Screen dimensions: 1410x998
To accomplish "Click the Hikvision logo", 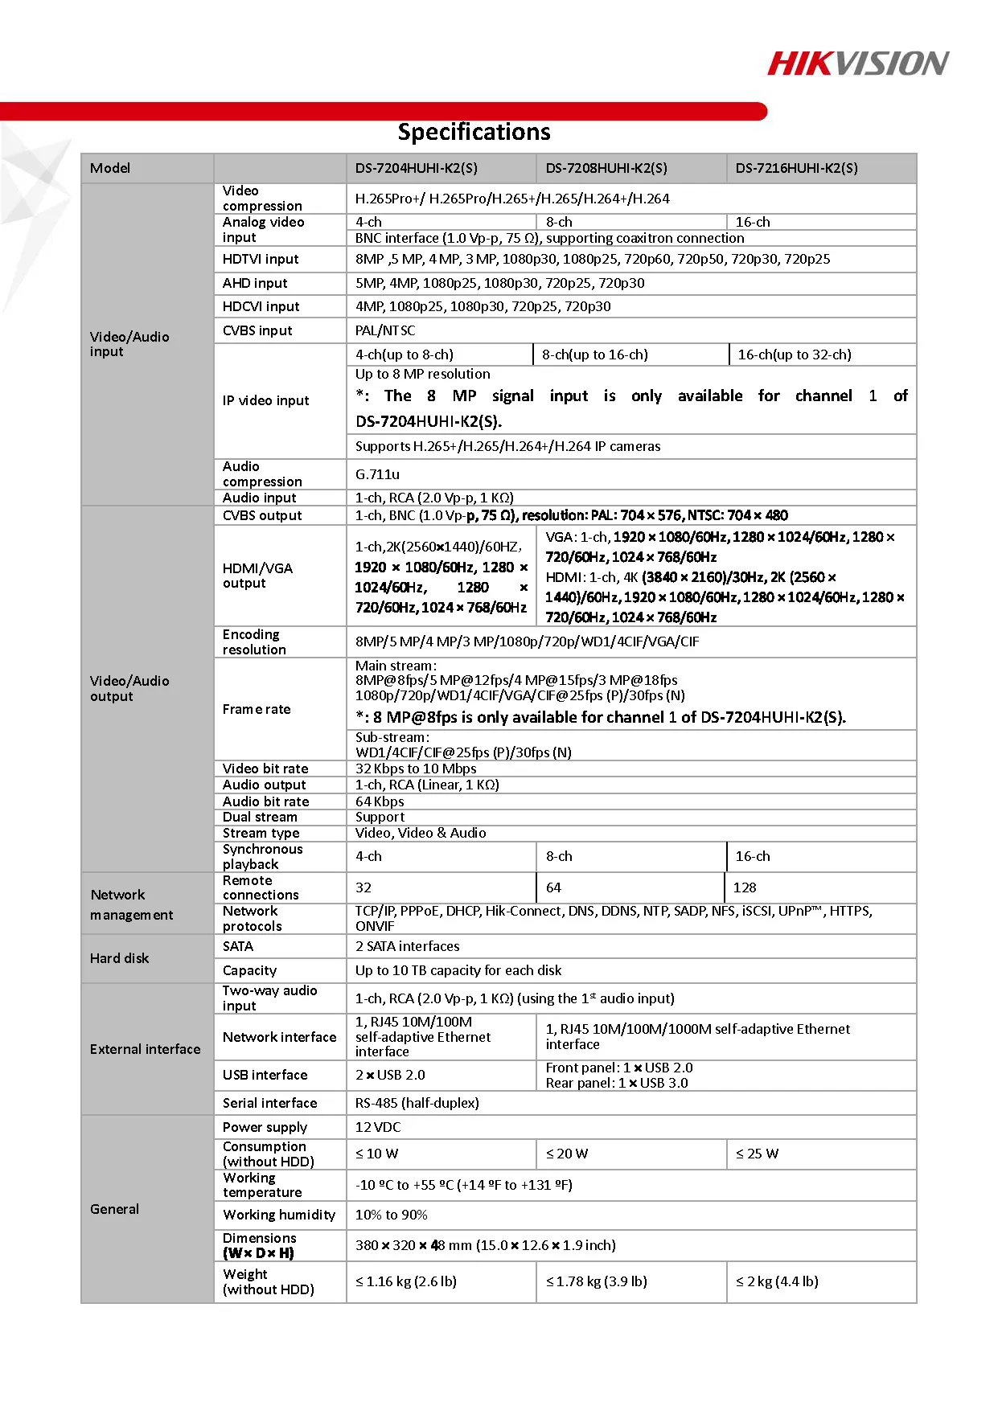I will (857, 64).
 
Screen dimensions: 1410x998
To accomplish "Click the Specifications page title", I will (474, 132).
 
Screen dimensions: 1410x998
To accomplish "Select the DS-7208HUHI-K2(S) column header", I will (606, 168).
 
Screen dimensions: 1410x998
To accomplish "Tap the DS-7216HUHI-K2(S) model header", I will (796, 168).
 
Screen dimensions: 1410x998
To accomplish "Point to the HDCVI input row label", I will (261, 306).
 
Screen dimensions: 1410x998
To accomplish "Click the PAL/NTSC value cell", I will (385, 330).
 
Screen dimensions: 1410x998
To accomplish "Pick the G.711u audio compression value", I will (377, 474).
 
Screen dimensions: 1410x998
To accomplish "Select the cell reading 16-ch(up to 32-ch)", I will (794, 355).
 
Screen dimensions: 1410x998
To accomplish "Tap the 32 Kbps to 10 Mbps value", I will (416, 769).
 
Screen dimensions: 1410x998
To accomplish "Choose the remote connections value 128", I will (745, 887).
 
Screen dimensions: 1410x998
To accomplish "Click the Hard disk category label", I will (120, 958).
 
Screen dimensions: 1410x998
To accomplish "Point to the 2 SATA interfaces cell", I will (407, 946).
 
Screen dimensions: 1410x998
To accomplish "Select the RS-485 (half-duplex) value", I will (417, 1103).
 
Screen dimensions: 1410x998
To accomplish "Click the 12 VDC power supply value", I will (378, 1127).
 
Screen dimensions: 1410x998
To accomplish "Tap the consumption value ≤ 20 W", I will (567, 1154).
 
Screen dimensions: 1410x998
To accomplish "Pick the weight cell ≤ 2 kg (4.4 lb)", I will (777, 1281).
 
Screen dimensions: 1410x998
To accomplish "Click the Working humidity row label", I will (278, 1215).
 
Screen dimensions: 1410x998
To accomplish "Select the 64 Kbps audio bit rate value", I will (380, 801).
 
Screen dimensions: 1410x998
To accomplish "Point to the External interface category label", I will (145, 1049).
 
